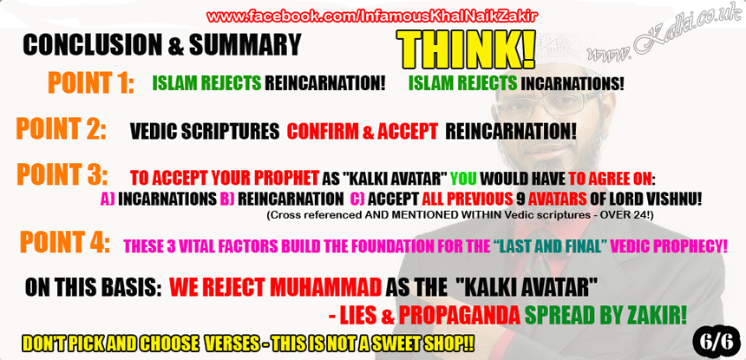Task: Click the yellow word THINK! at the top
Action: pos(466,50)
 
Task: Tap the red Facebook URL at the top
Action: pos(372,16)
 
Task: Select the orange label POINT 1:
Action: pos(91,82)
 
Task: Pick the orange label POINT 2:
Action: pos(61,128)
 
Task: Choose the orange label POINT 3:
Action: pos(62,174)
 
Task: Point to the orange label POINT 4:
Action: pos(65,241)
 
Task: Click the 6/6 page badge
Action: pos(716,341)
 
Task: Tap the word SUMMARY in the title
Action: pos(245,45)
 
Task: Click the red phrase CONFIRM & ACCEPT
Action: pos(362,131)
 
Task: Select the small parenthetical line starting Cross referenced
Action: pos(461,214)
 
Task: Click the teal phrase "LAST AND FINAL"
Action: pos(548,245)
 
